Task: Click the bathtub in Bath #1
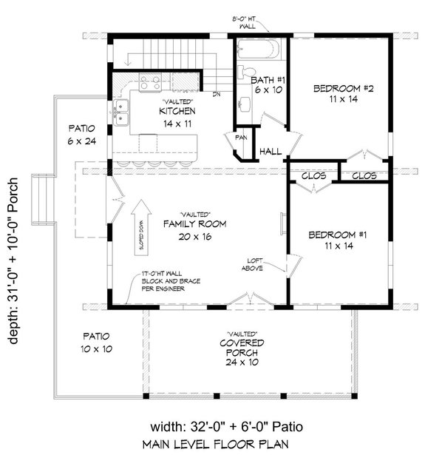click(259, 50)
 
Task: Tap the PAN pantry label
click(241, 138)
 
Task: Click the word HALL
click(271, 152)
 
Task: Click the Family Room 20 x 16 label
click(195, 229)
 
